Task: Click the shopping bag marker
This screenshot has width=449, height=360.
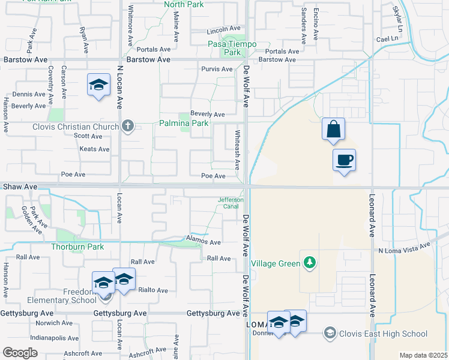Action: [333, 130]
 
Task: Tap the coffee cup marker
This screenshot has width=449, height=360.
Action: [344, 161]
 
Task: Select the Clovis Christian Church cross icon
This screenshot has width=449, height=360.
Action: [127, 126]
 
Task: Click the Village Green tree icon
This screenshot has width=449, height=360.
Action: [309, 263]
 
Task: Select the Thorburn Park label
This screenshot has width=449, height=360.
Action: [77, 247]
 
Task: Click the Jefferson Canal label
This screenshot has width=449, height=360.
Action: [231, 203]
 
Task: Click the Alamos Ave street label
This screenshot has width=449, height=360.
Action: [204, 242]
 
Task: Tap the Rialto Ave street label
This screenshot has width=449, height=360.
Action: [154, 290]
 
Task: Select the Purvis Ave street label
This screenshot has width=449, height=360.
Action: [217, 70]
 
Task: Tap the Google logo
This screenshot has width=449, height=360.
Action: [20, 353]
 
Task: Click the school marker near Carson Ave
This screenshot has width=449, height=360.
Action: [98, 85]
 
